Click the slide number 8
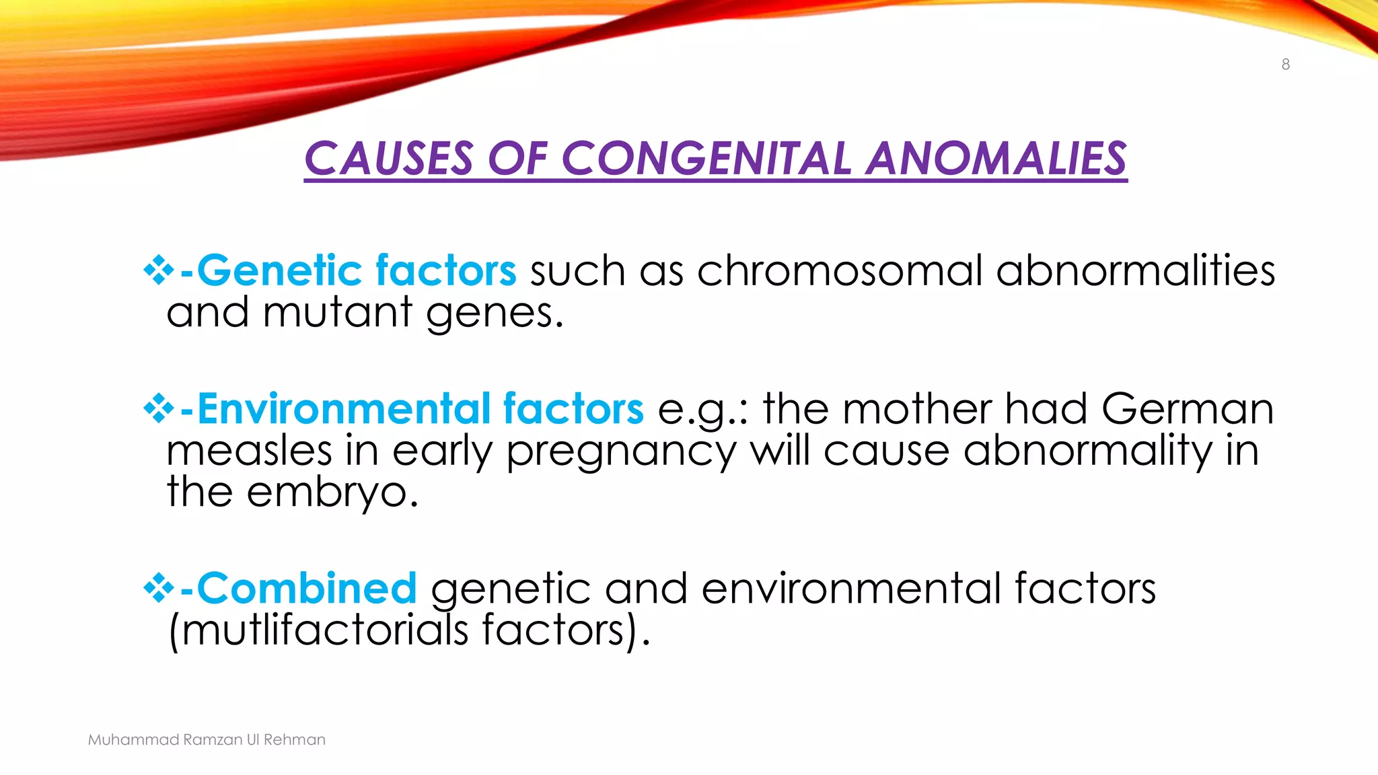pos(1285,65)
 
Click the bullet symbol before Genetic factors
pos(159,270)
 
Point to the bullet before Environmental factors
pos(159,409)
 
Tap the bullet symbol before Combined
pos(159,589)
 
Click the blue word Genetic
pos(279,270)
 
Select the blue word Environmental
pos(344,409)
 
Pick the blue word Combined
pos(307,589)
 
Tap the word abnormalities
pos(1135,270)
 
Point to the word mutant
pos(337,313)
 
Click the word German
pos(1188,409)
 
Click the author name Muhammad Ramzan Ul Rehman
pos(207,740)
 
